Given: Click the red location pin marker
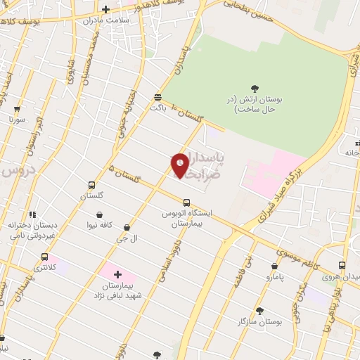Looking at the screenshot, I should [180, 165].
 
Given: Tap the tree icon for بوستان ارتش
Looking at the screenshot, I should [255, 89].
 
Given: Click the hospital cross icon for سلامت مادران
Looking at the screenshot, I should [105, 9].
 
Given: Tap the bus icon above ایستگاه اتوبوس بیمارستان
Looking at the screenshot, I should [186, 202].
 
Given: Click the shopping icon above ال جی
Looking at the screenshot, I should [127, 228].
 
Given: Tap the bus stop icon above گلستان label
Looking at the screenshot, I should [91, 184].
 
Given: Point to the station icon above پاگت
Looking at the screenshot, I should [158, 97].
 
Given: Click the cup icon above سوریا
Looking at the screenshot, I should [17, 110].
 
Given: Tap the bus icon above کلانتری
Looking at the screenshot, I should [45, 257].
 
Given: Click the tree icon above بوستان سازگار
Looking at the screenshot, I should [259, 310].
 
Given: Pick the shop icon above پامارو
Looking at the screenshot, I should [274, 266].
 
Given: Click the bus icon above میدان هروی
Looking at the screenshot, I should [342, 265].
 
